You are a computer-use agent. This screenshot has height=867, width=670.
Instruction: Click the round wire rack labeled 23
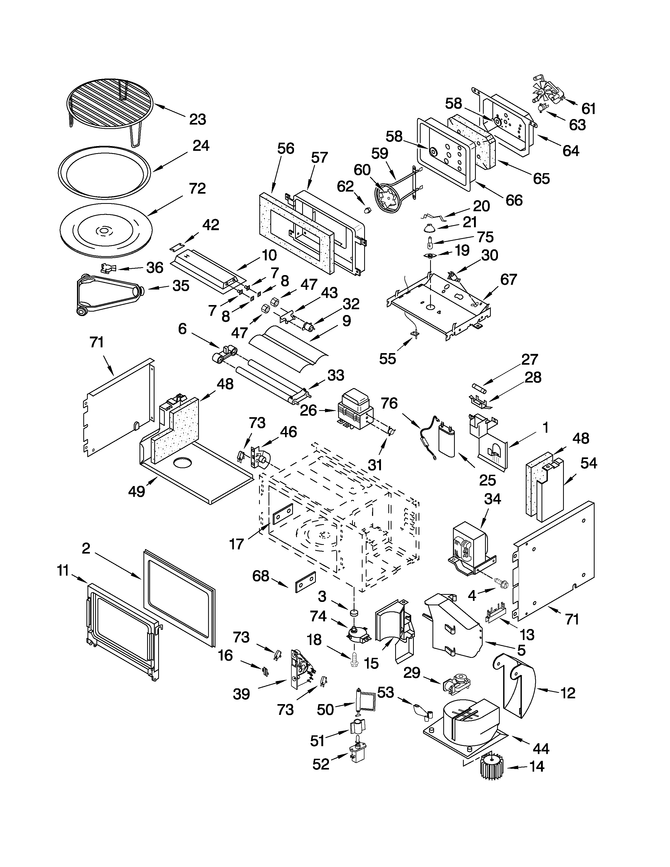pos(110,105)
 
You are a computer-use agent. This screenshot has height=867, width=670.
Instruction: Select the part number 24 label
pos(201,146)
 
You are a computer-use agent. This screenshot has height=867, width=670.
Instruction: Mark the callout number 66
pos(514,200)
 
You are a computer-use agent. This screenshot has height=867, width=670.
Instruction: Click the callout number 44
pos(541,749)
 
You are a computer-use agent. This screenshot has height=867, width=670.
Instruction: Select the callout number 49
pos(137,492)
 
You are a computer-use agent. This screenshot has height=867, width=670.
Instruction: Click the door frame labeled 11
pos(123,631)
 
